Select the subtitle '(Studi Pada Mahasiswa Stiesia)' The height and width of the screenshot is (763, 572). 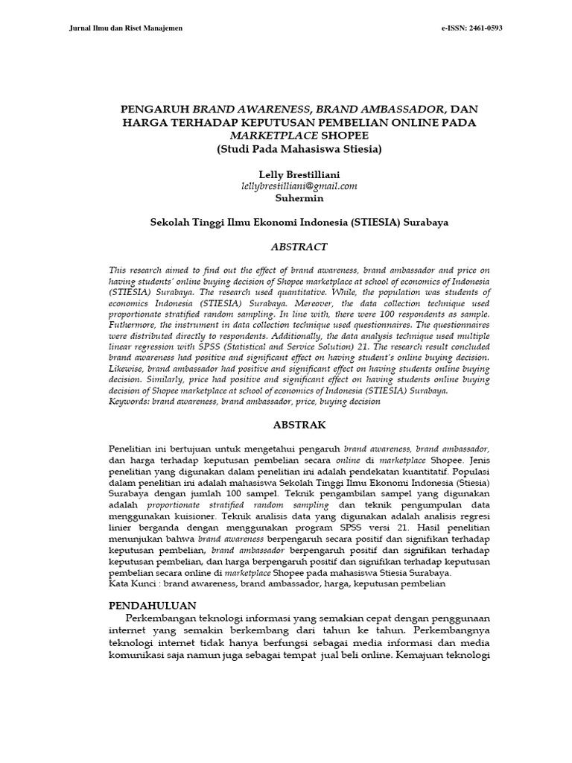click(299, 148)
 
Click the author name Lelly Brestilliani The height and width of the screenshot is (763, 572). click(299, 174)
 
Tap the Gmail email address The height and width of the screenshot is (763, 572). click(299, 186)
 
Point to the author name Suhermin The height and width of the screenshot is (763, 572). click(299, 198)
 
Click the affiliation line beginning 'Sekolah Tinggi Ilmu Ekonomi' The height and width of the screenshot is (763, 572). click(299, 223)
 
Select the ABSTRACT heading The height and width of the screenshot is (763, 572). click(299, 247)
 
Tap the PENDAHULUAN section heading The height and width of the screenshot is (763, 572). click(152, 605)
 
